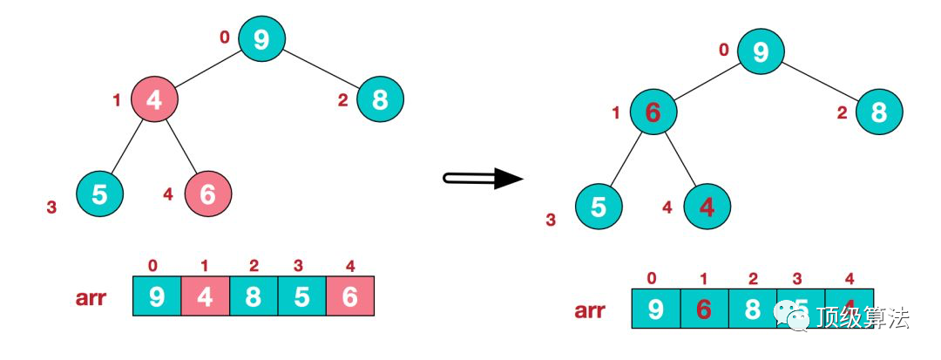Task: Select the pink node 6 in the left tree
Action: coord(208,194)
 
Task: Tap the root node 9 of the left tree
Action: coord(261,37)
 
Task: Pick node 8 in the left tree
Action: coord(380,99)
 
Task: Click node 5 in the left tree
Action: coord(100,194)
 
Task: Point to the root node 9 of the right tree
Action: coord(761,52)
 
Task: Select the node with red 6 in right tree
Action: coord(652,112)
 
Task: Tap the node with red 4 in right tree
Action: coord(707,207)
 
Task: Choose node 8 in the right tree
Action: coord(878,112)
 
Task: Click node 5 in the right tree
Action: coord(599,207)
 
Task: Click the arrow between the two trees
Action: coord(483,179)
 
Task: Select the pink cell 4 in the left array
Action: coord(205,296)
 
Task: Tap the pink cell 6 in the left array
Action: coord(350,296)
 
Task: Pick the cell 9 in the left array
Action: coord(157,296)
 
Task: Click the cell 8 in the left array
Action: coord(253,296)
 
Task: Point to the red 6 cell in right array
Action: coord(703,309)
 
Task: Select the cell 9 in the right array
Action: coord(655,309)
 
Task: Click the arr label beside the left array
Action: coord(91,297)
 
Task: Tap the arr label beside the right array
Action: coord(590,309)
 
